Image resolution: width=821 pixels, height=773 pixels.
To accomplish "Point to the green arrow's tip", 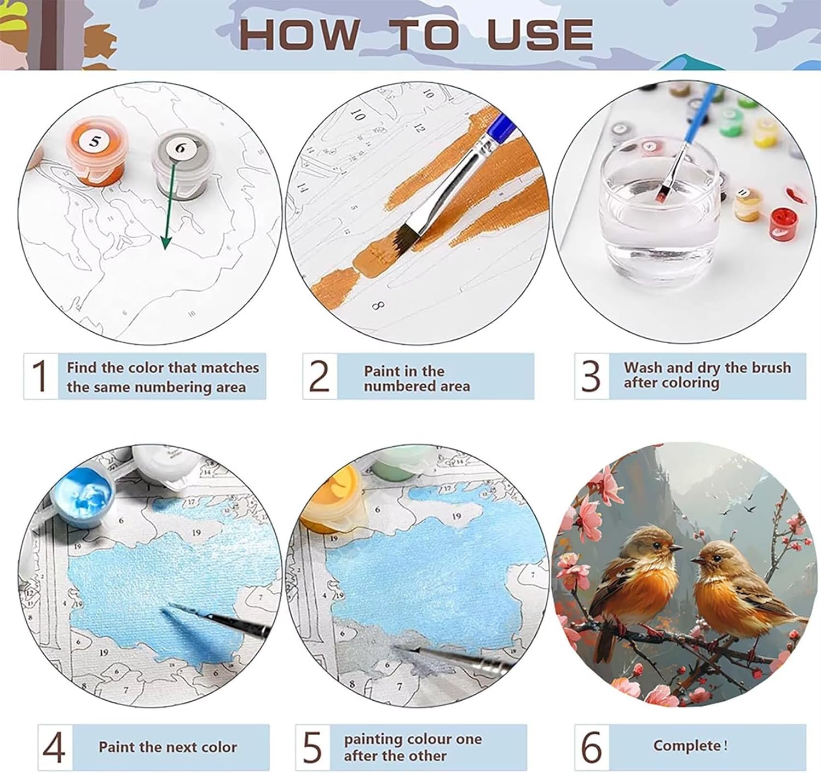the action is [166, 249].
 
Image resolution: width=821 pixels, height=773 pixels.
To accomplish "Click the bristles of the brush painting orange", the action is [407, 239].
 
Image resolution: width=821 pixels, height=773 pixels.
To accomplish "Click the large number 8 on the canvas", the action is [378, 306].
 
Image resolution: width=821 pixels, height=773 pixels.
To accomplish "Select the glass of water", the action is [658, 209].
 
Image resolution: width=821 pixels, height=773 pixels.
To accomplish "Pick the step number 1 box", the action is [41, 376].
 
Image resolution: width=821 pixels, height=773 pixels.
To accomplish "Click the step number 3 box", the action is [592, 376].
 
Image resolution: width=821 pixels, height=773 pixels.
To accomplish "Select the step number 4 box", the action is [55, 747].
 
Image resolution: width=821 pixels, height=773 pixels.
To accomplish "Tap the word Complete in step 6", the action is [687, 745].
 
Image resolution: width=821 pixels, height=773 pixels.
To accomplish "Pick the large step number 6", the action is [592, 747].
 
